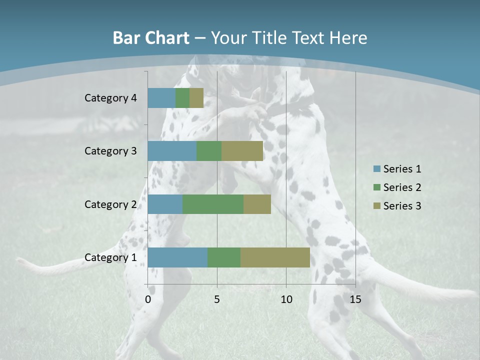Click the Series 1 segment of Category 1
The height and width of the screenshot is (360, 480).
[x=177, y=257]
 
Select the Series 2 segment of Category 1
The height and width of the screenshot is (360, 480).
[x=224, y=257]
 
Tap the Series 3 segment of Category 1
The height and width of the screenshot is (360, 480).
[x=275, y=257]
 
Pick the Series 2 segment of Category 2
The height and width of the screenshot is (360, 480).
[x=213, y=204]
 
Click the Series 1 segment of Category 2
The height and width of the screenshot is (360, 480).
[x=165, y=204]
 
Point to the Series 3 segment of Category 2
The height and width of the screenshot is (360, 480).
[x=257, y=204]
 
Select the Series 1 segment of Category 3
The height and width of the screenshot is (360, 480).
[x=172, y=151]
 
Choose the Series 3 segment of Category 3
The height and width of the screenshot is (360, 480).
[x=242, y=151]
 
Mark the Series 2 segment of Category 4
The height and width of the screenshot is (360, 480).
[x=182, y=98]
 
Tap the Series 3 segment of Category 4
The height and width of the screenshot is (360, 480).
[x=196, y=98]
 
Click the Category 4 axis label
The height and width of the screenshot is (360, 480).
[x=110, y=98]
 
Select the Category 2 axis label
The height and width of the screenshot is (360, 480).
[x=110, y=204]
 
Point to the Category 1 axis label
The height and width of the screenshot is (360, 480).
[x=110, y=257]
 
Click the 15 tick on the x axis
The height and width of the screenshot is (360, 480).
[x=355, y=299]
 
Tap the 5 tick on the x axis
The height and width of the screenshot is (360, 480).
[x=217, y=299]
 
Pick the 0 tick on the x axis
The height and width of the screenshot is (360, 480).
[x=148, y=299]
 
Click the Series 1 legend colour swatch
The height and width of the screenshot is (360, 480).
[x=377, y=169]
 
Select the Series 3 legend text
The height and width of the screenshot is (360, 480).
[x=402, y=205]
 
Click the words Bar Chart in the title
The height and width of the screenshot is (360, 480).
[x=151, y=38]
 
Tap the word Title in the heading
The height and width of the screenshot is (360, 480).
[x=271, y=38]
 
